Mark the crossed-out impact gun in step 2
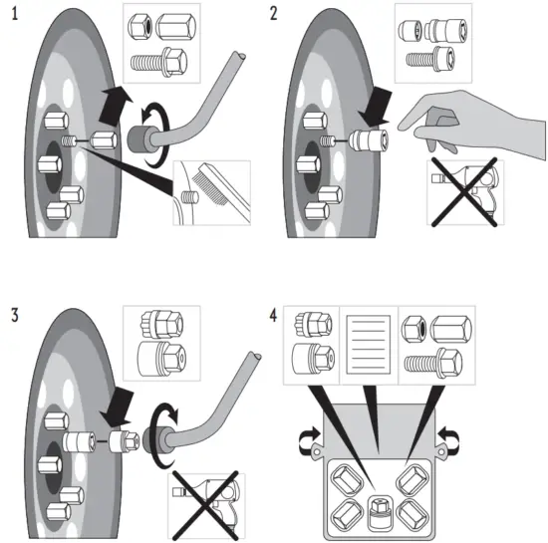point(466,188)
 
